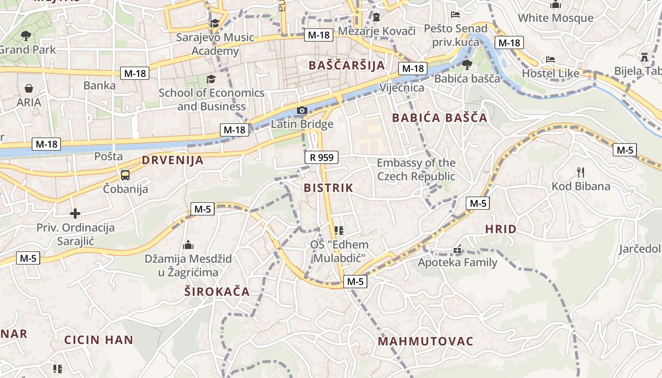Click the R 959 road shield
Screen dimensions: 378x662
(322, 157)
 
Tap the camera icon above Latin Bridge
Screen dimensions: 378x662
(302, 111)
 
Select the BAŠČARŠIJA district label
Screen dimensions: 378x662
(347, 65)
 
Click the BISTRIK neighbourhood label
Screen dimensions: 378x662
(328, 188)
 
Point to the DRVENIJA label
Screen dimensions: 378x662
(173, 160)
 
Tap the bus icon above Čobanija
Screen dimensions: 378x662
(125, 175)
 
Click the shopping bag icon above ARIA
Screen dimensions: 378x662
(29, 88)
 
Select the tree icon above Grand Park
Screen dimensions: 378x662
(26, 35)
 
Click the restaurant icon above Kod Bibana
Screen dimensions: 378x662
(581, 172)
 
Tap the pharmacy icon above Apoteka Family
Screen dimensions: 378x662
(457, 249)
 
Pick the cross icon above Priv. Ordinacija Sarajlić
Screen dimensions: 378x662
(75, 214)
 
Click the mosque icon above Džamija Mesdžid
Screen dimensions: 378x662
(188, 245)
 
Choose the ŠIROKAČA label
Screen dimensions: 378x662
(217, 291)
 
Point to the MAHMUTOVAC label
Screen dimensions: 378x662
(426, 341)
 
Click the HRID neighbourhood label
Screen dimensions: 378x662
(501, 229)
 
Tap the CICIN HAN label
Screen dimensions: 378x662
(99, 340)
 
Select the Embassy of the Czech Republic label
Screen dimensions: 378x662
(416, 170)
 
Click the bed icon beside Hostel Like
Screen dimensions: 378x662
(550, 60)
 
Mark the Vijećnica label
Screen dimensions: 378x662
(402, 88)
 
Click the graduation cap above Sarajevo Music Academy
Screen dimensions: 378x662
(215, 23)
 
